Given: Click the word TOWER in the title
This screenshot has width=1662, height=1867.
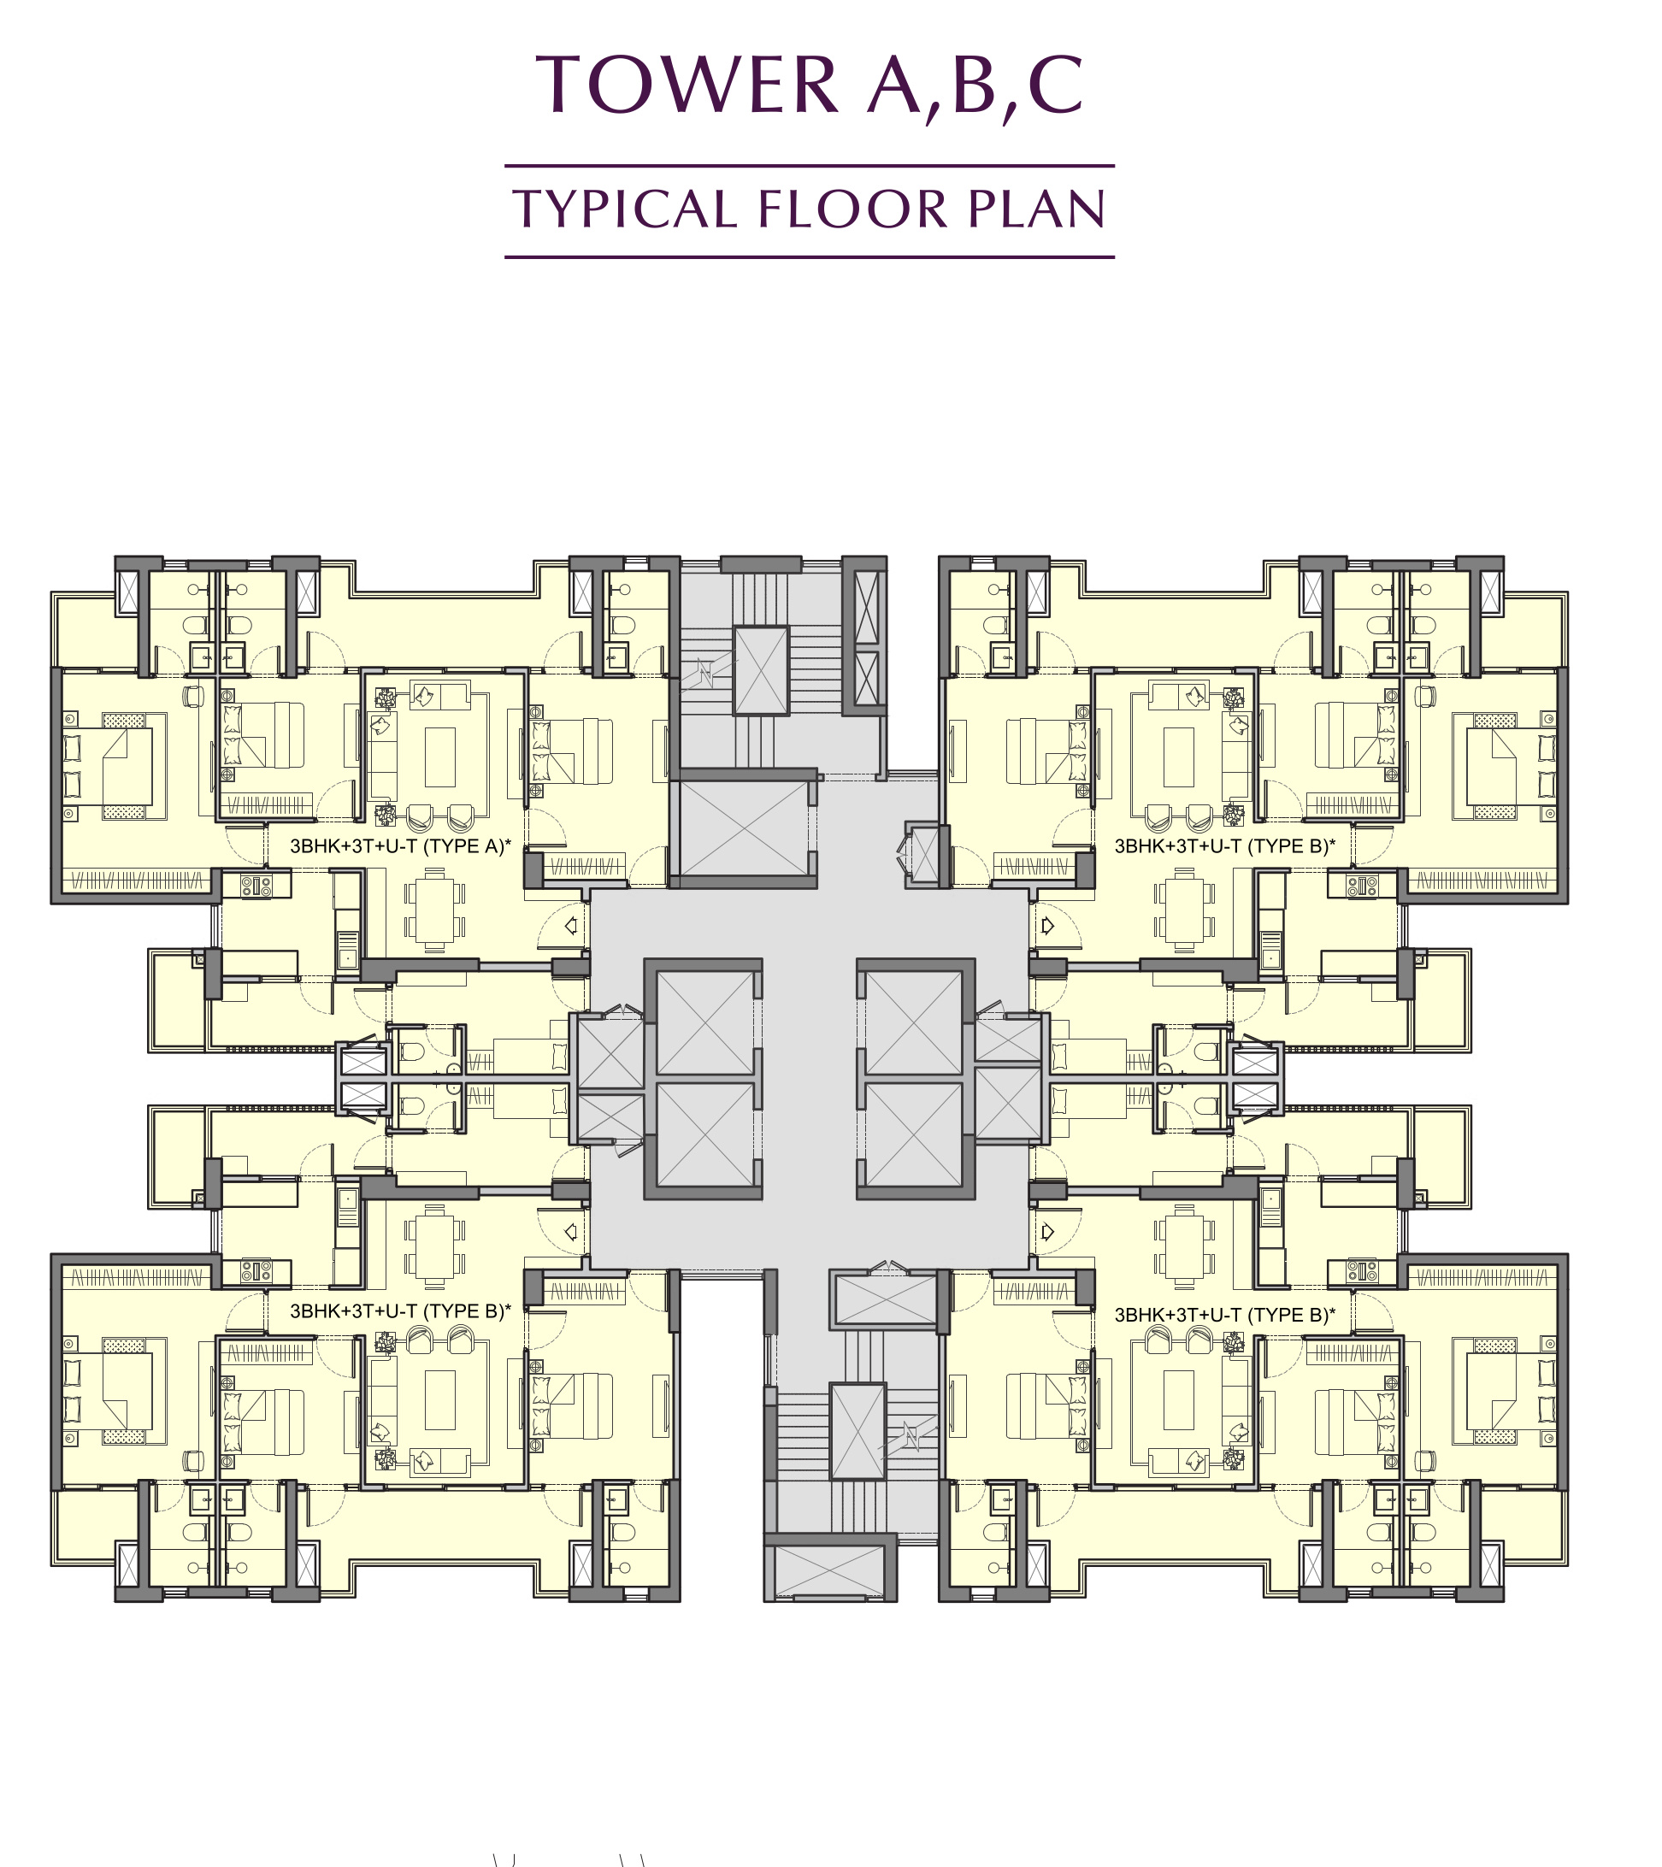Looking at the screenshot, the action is click(687, 84).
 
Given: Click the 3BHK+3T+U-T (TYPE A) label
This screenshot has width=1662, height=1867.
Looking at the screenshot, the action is click(400, 845).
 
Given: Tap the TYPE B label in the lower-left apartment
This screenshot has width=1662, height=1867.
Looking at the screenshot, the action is click(400, 1310).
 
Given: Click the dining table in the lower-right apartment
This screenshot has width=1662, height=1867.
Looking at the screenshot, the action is click(1184, 1246).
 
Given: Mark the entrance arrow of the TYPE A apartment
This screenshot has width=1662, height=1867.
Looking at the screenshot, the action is click(571, 925).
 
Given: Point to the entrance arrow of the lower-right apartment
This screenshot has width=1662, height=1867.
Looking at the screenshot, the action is click(1047, 1231).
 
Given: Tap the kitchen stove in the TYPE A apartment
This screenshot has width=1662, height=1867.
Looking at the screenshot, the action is click(256, 884).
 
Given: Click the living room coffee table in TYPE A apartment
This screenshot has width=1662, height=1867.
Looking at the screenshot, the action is click(440, 757).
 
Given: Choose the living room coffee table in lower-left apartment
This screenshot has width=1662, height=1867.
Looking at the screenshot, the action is click(440, 1399).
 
